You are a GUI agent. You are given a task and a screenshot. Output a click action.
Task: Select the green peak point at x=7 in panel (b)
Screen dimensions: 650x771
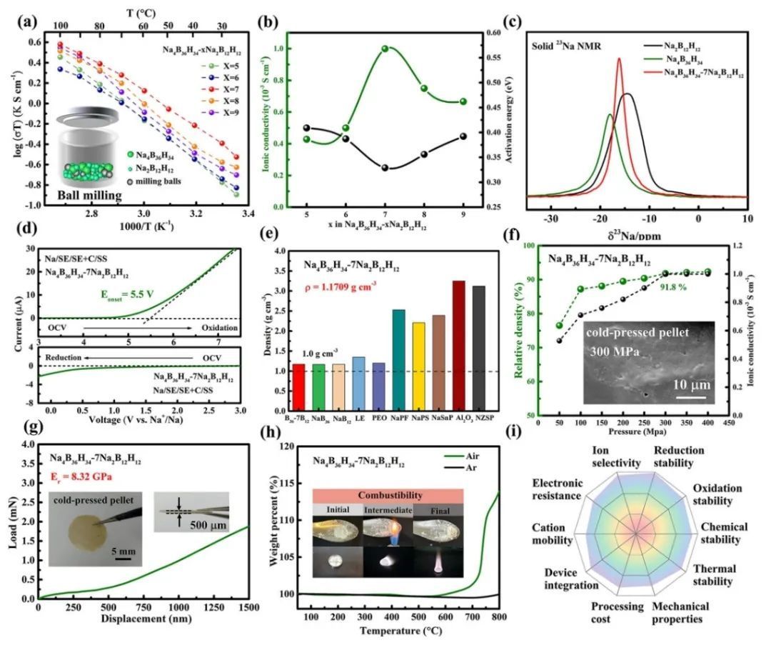[385, 49]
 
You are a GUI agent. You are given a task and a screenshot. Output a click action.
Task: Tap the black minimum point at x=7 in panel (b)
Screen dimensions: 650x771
[385, 168]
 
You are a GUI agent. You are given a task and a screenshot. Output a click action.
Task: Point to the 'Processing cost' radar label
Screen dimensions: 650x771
[610, 612]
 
